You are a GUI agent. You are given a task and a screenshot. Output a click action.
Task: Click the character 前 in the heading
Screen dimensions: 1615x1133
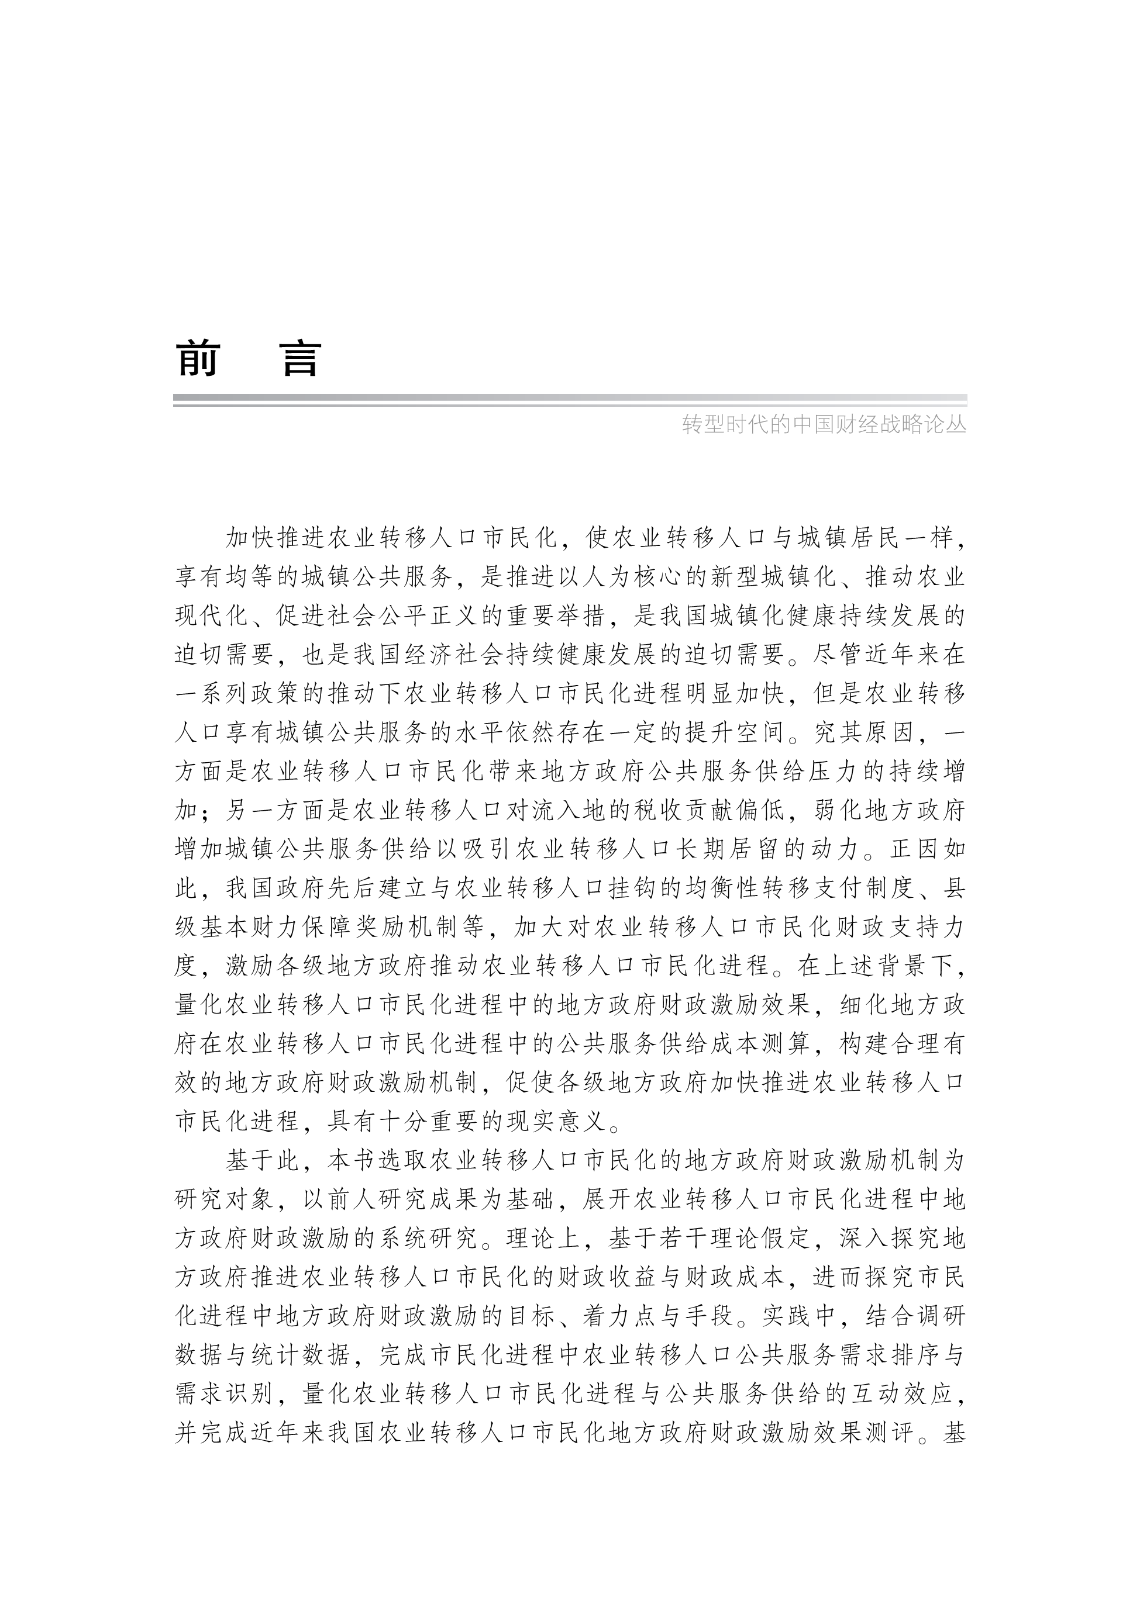(198, 359)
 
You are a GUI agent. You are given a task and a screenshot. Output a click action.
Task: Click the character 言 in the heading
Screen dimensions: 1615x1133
(301, 359)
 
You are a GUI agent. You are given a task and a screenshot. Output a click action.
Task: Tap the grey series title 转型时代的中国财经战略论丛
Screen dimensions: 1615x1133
(824, 426)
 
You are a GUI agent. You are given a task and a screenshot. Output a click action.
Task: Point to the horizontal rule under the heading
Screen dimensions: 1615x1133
(570, 400)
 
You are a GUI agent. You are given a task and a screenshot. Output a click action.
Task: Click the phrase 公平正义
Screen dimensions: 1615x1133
(416, 617)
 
